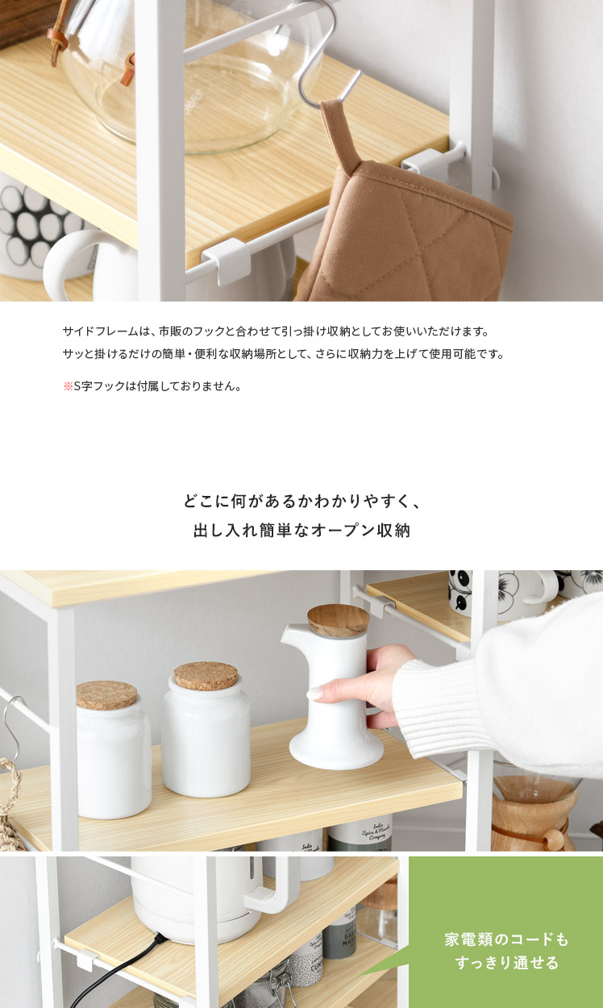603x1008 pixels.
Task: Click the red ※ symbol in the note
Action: [68, 386]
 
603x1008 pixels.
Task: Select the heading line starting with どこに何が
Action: [301, 501]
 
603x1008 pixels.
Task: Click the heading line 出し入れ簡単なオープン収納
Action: [301, 531]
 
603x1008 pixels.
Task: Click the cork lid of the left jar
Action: [106, 695]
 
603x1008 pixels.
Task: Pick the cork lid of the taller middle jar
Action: [206, 676]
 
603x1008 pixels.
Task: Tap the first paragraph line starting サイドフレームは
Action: [276, 331]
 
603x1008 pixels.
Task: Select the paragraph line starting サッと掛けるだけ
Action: [284, 354]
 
